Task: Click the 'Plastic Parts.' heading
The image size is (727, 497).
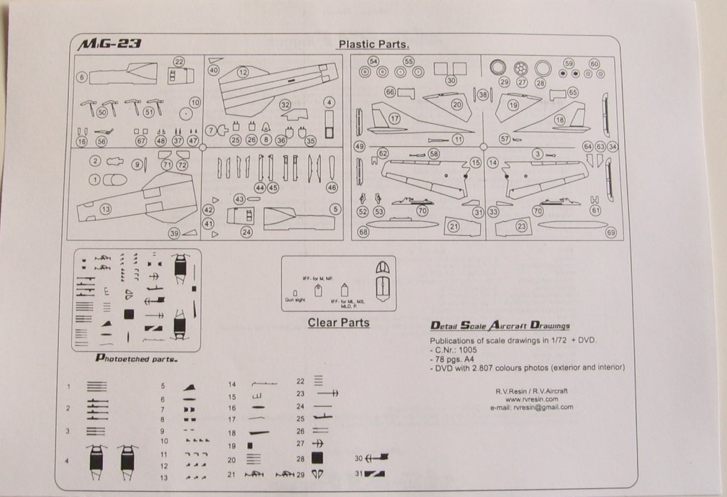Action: click(373, 44)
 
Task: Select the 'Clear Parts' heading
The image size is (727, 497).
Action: click(338, 323)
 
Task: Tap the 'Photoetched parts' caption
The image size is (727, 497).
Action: click(136, 359)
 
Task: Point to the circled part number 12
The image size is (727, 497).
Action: click(243, 72)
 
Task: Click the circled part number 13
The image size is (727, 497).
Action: click(105, 209)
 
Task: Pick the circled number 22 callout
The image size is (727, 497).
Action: click(179, 62)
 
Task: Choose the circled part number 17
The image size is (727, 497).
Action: click(394, 118)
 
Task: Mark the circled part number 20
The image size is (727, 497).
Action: click(457, 104)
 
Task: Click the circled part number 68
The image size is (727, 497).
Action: click(363, 232)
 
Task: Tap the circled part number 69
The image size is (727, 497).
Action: click(611, 232)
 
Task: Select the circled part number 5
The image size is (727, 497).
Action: click(335, 209)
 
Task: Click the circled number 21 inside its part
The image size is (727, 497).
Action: click(454, 227)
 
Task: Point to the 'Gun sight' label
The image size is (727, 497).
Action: click(294, 301)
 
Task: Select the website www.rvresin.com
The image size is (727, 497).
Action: click(531, 399)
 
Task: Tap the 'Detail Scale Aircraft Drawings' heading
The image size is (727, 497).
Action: click(501, 325)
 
